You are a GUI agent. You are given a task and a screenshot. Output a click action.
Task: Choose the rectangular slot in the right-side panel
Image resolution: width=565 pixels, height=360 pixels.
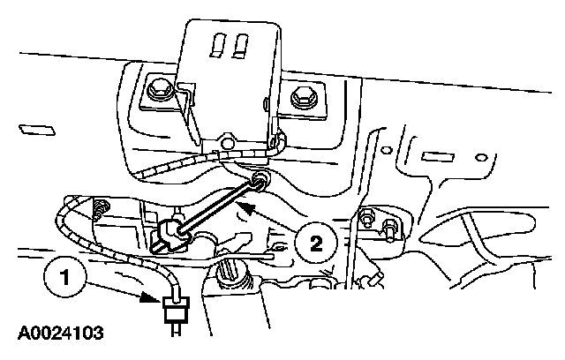click(437, 158)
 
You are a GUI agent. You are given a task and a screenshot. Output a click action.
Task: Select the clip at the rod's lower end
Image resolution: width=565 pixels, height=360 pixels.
click(173, 233)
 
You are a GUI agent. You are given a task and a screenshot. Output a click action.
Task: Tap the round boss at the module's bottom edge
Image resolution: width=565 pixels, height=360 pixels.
click(228, 142)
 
